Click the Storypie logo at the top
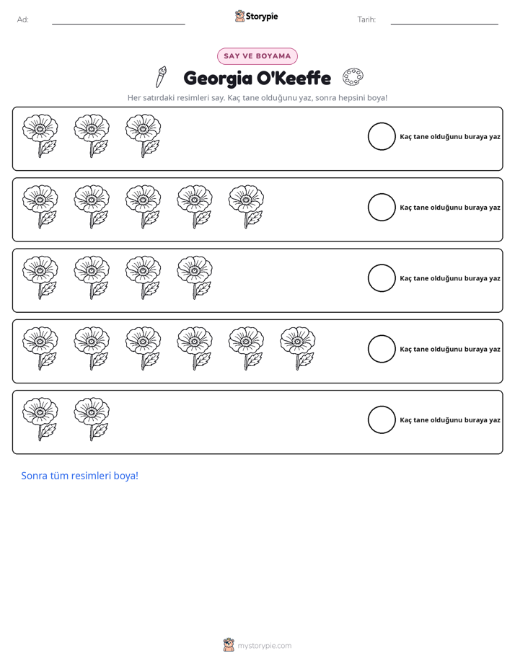tap(256, 16)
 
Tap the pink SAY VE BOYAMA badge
tap(257, 56)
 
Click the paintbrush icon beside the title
tap(161, 77)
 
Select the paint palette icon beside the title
tap(353, 77)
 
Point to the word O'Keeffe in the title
tap(294, 78)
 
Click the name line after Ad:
tap(118, 25)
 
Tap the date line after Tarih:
tap(444, 25)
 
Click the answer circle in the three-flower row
tap(382, 123)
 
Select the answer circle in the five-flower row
tap(382, 194)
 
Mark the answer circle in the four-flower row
tap(382, 265)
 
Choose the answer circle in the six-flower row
tap(382, 335)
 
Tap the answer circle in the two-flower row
tap(382, 406)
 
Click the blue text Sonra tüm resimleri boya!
tap(80, 476)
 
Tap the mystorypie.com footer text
tap(264, 646)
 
